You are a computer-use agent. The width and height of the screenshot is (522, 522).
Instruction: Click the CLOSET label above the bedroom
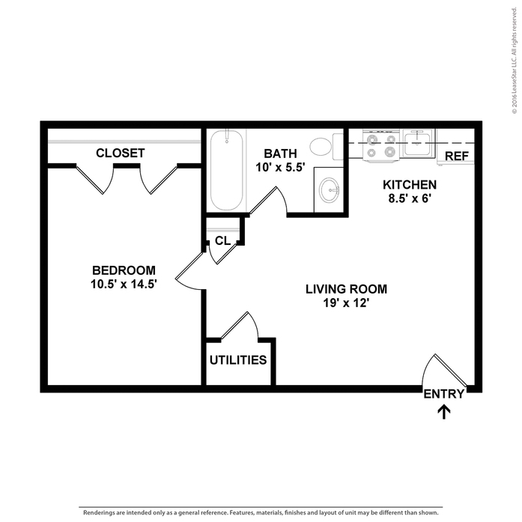click(x=120, y=153)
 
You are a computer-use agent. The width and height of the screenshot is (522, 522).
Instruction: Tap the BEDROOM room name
click(x=124, y=270)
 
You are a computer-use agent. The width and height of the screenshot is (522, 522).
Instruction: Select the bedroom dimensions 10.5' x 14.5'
click(x=124, y=284)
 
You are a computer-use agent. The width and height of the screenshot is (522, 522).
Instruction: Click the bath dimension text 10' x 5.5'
click(x=279, y=167)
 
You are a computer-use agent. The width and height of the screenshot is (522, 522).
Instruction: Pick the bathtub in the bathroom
click(x=226, y=171)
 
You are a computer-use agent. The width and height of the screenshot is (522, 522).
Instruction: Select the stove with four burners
click(x=380, y=144)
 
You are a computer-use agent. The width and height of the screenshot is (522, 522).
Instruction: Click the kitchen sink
click(x=418, y=142)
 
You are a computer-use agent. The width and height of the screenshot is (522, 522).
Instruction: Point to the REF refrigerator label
click(x=456, y=156)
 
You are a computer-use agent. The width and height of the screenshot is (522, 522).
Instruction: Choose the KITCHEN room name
click(x=410, y=185)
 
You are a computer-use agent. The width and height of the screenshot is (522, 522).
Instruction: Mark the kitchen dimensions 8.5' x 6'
click(x=410, y=199)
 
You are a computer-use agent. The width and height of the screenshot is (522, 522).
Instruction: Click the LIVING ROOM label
click(x=347, y=288)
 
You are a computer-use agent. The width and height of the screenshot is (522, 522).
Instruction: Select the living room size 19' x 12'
click(x=347, y=304)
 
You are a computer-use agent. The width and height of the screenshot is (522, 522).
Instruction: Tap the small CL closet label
click(x=222, y=240)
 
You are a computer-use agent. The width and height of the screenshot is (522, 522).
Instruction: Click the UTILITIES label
click(x=238, y=360)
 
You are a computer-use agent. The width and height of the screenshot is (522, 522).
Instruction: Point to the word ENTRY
click(x=444, y=395)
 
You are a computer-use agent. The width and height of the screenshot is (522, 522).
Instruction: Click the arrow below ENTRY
click(x=444, y=411)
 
